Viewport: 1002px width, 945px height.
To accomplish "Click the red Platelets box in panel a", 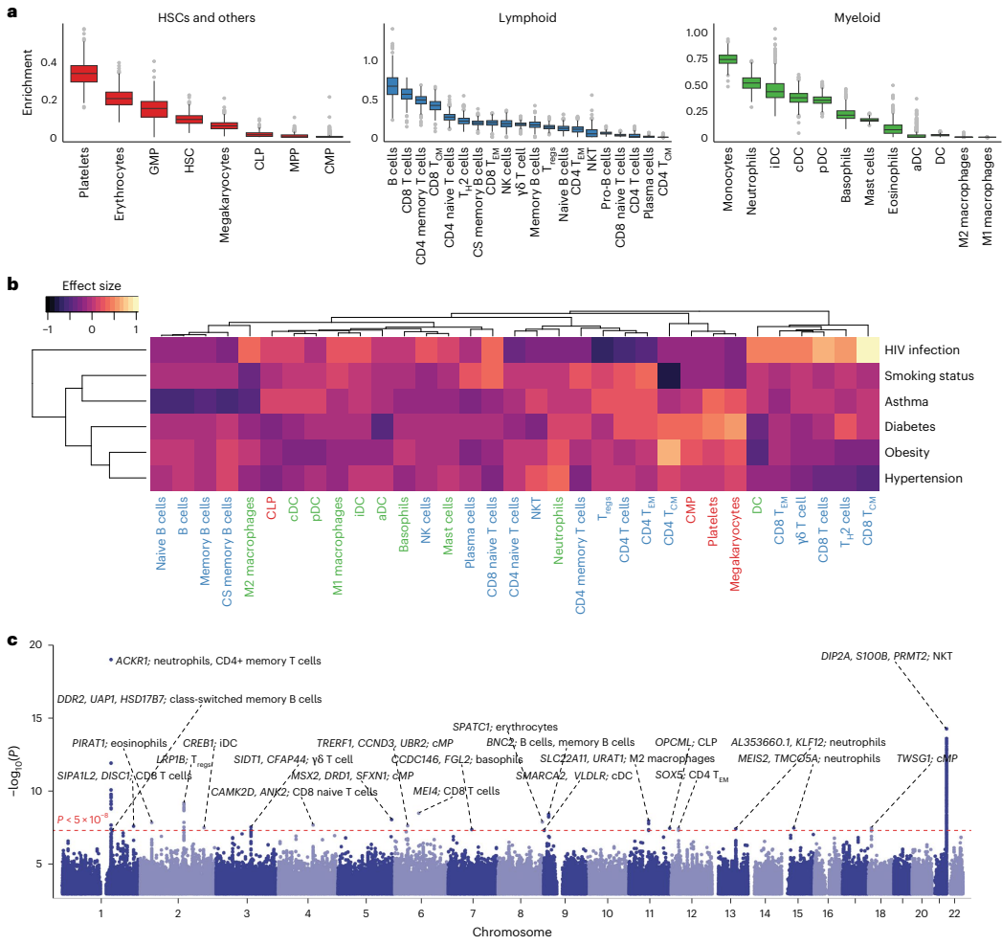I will click(84, 74).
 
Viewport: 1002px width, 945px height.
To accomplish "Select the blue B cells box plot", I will click(391, 86).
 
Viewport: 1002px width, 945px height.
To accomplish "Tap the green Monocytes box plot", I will click(727, 59).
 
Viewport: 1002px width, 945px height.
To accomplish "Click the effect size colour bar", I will click(92, 304).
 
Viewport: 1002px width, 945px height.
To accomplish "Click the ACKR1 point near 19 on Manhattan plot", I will click(111, 660).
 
